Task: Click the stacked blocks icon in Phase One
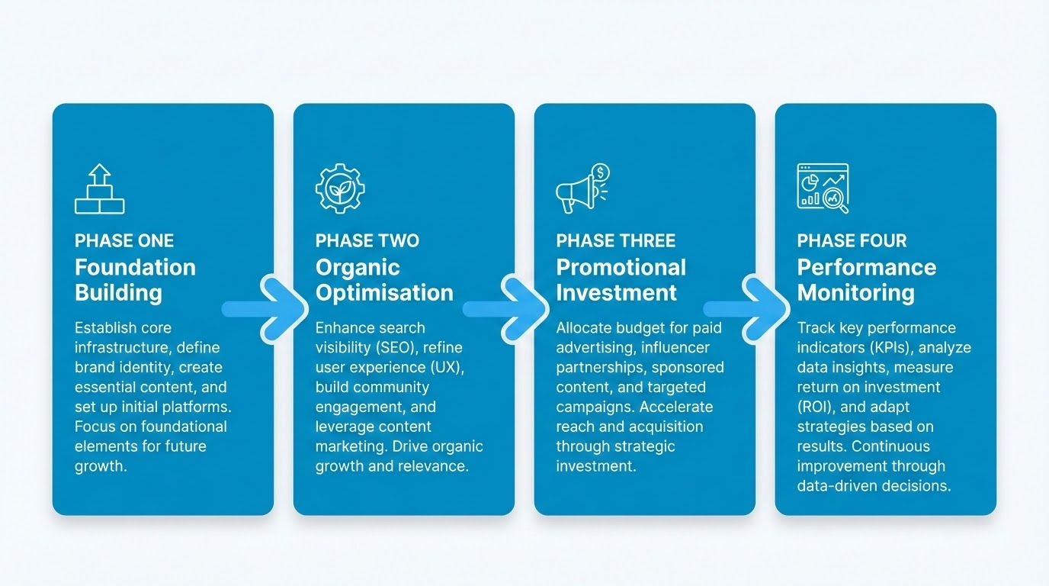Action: click(x=99, y=188)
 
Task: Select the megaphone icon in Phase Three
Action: click(x=582, y=189)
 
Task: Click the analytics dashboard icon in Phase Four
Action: click(x=823, y=188)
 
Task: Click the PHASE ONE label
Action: click(x=124, y=241)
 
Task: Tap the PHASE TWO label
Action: click(x=367, y=241)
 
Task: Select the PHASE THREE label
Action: click(x=615, y=241)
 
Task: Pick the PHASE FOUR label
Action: click(x=852, y=241)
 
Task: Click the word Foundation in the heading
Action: click(x=135, y=267)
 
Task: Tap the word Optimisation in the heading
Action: click(x=384, y=292)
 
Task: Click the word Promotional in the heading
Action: click(x=621, y=267)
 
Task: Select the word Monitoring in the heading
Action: click(x=855, y=292)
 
